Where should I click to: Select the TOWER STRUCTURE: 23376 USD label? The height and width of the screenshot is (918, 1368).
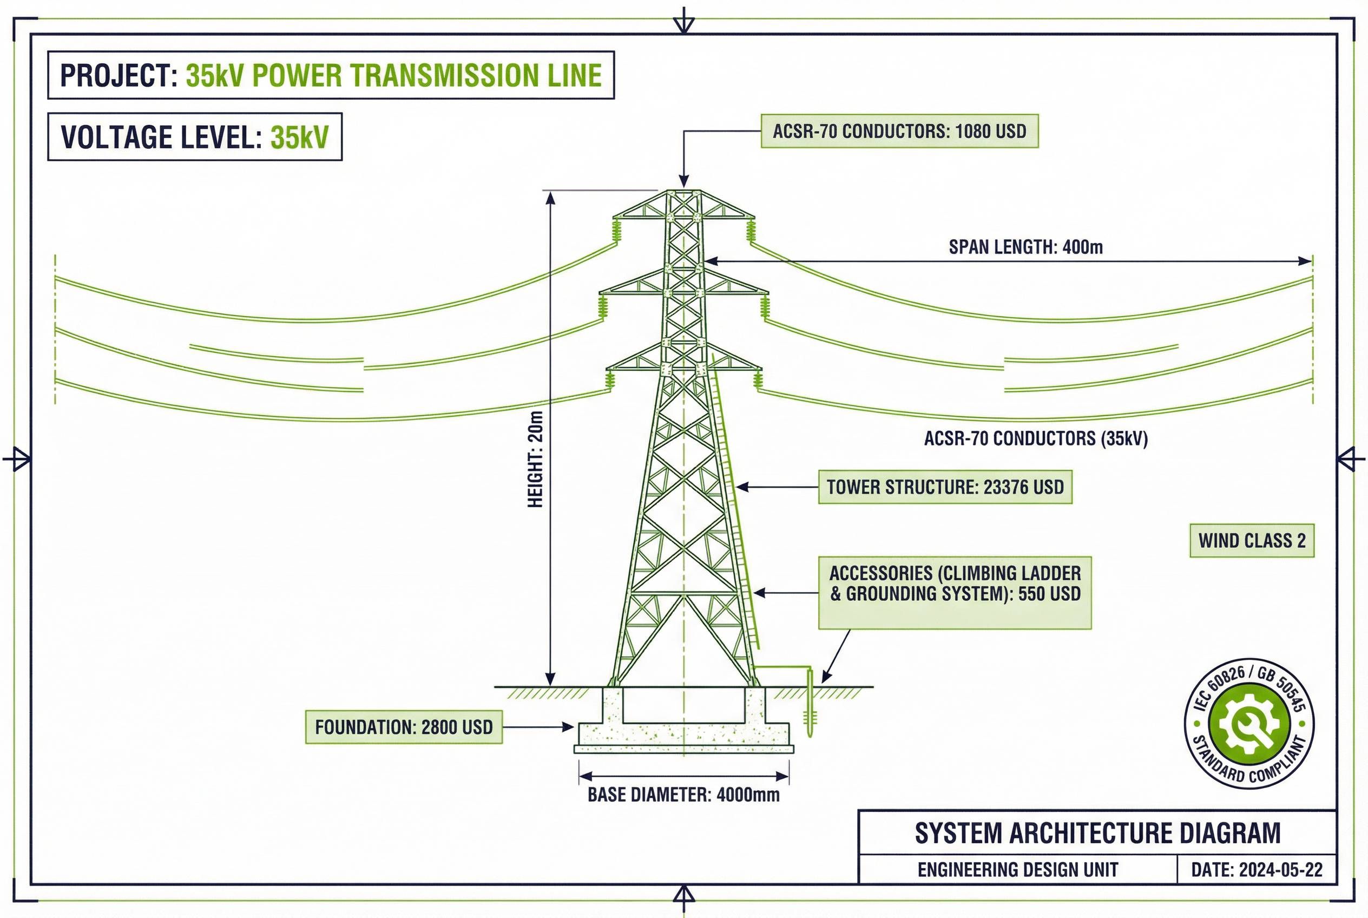944,487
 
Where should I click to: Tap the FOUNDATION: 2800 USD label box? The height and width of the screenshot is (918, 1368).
403,727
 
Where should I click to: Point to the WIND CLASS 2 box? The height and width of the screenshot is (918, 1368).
1252,540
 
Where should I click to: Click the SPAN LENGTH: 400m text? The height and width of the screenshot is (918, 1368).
1025,247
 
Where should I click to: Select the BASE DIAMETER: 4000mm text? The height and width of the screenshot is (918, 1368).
683,795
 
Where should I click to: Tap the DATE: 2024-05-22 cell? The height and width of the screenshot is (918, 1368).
1256,870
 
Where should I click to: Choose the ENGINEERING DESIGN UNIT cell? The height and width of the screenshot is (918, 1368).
1017,870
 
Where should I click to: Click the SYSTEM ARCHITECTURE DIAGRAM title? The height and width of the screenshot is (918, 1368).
1097,833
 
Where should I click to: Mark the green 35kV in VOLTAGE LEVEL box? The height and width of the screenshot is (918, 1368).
299,137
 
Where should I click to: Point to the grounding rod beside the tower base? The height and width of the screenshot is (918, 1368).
810,705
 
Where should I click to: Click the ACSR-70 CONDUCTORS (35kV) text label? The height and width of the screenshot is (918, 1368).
1036,438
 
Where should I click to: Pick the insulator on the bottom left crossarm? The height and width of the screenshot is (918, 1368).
610,381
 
